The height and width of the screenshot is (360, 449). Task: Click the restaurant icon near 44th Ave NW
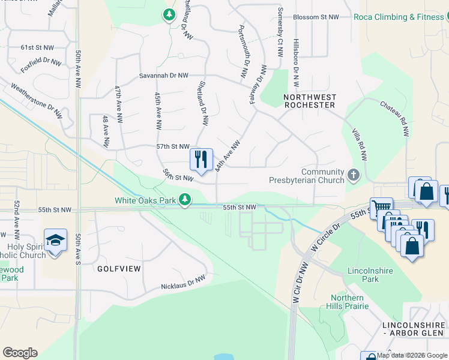tap(201, 160)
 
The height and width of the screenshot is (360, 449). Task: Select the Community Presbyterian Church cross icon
tap(354, 176)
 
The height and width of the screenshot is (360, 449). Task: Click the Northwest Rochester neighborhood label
tap(309, 100)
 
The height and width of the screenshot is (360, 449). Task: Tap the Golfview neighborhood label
tap(119, 269)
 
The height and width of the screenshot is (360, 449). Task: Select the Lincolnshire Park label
tap(370, 275)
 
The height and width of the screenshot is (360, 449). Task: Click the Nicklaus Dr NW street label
tap(183, 282)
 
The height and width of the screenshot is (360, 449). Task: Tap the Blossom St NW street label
tap(316, 17)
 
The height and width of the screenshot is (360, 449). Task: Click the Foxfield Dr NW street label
tap(41, 62)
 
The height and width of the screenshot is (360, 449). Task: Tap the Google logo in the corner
tap(20, 353)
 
